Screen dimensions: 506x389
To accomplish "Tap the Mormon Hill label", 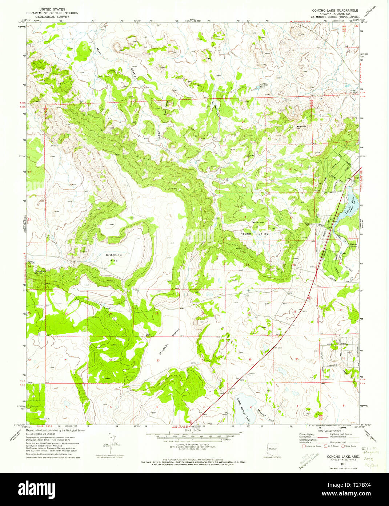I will (301, 127).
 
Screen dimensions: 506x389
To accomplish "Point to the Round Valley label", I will (254, 234).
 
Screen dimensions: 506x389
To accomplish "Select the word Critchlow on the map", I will (114, 255).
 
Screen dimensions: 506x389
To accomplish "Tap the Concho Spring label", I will (353, 245).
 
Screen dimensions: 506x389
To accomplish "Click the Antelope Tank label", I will (260, 86).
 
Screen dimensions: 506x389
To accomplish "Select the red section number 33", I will (158, 360).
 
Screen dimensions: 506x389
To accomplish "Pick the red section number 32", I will (110, 360).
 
